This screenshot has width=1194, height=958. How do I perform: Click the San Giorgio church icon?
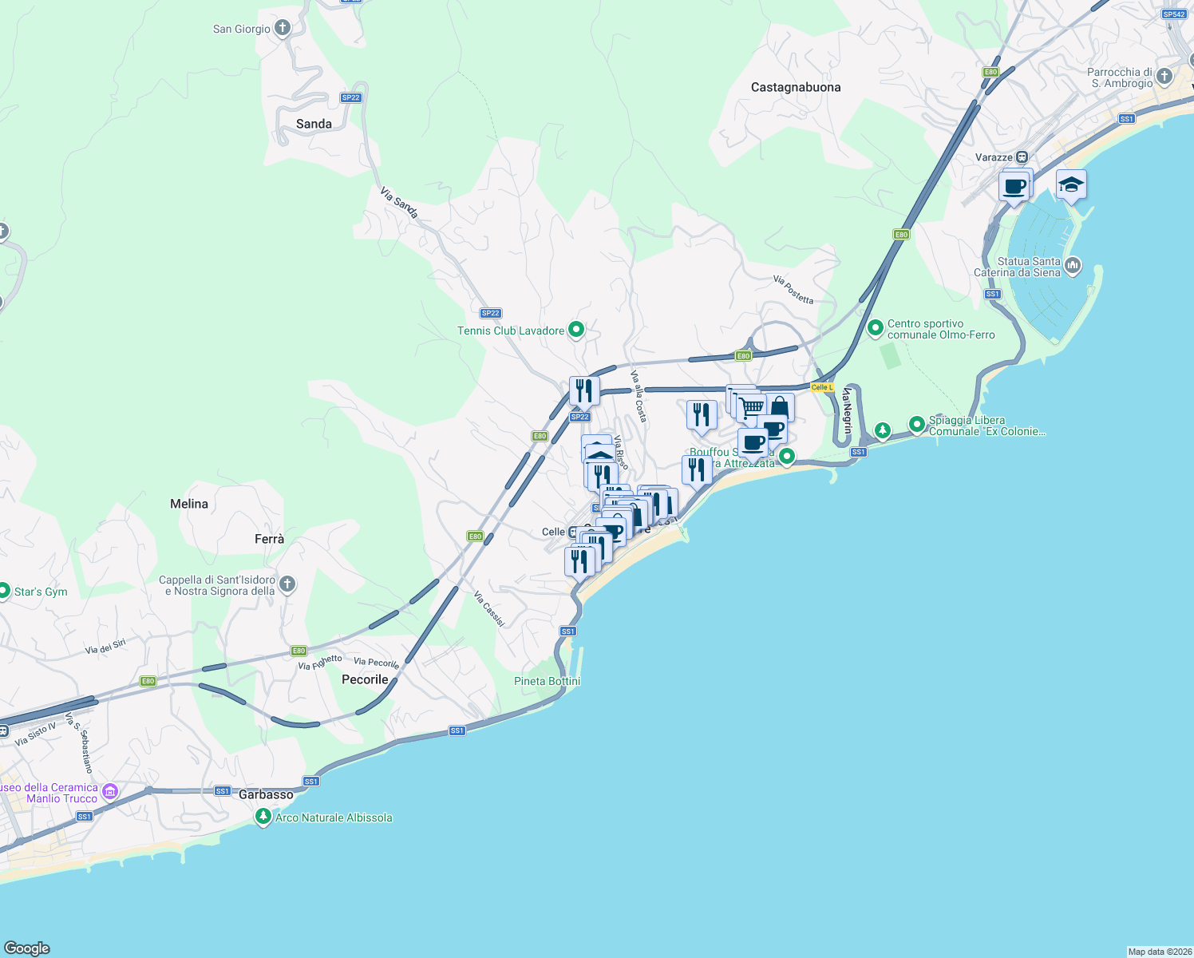(x=282, y=29)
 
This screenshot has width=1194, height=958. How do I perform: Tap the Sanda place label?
(x=314, y=124)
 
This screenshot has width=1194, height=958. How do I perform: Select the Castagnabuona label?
(x=796, y=87)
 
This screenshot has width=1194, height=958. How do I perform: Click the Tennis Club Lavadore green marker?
(x=576, y=330)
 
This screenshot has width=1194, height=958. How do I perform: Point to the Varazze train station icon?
(x=1022, y=157)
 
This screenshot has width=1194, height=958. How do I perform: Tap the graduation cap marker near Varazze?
(x=1070, y=185)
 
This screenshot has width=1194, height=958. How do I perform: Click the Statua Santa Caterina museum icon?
(x=1073, y=266)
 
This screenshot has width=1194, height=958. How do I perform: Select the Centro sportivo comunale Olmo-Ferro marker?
(x=876, y=328)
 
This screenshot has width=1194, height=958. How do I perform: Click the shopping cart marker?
(x=751, y=407)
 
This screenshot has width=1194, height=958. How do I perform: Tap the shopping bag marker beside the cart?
(x=781, y=408)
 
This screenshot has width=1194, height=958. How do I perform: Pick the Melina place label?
(x=189, y=504)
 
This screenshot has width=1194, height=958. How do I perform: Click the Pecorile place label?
(x=365, y=679)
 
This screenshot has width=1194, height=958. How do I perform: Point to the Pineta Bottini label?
(x=547, y=681)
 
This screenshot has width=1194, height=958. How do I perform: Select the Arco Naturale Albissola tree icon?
(x=263, y=817)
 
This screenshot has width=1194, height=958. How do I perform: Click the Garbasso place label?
(x=266, y=794)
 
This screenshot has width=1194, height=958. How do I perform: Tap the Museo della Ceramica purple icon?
(x=110, y=792)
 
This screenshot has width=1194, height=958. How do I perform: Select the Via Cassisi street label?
(x=489, y=608)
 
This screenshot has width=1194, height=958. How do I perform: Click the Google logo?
(x=27, y=948)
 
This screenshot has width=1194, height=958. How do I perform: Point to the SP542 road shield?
(x=1174, y=14)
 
